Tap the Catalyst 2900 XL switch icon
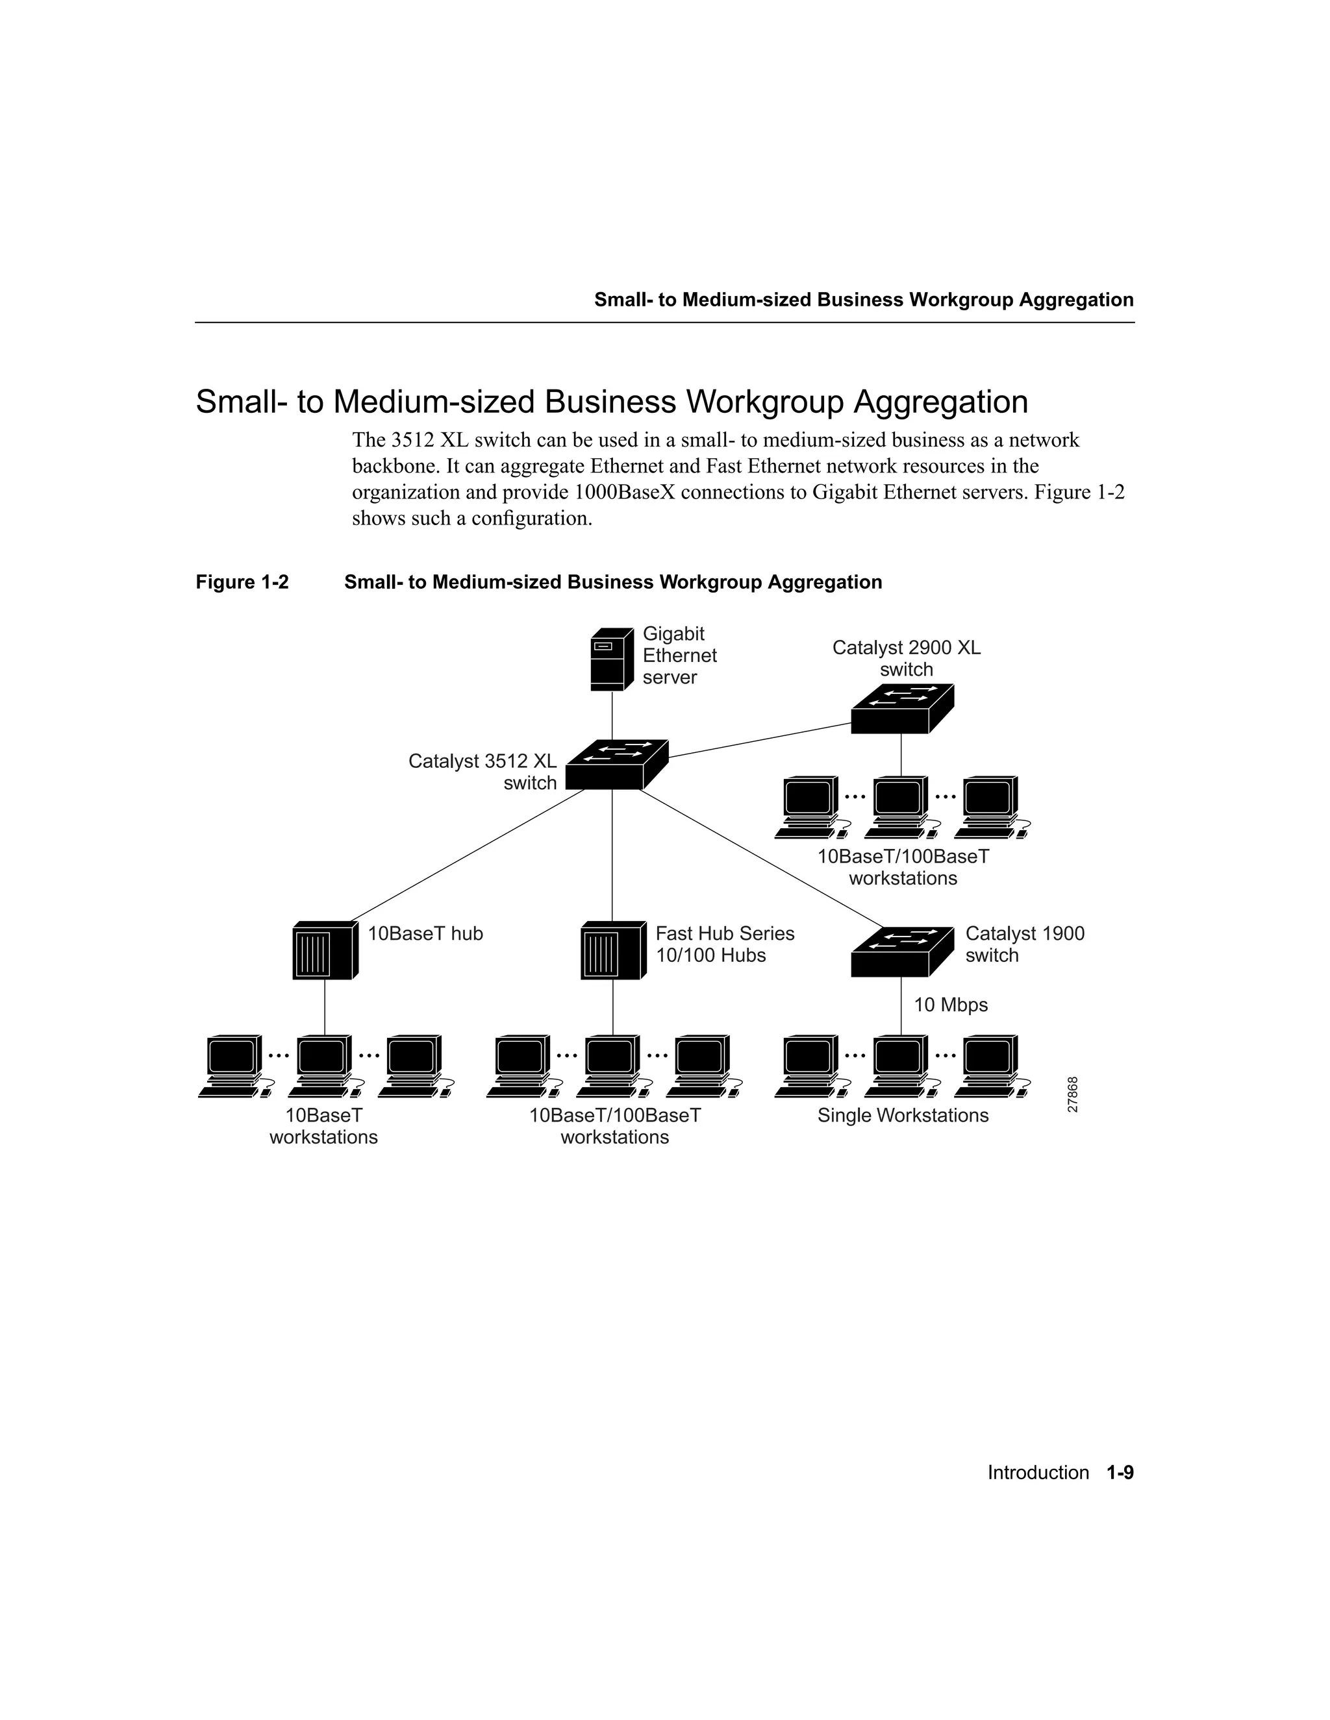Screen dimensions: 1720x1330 tap(902, 709)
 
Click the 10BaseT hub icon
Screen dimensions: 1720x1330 tap(325, 951)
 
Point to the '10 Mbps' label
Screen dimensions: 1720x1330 tap(950, 1005)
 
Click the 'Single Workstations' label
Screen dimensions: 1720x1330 tap(902, 1115)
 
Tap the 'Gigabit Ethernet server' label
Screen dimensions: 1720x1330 tap(679, 656)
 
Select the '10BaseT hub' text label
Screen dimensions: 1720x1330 tap(425, 933)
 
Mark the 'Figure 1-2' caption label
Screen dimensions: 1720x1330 tap(242, 582)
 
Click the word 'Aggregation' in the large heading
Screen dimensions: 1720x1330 tap(941, 402)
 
